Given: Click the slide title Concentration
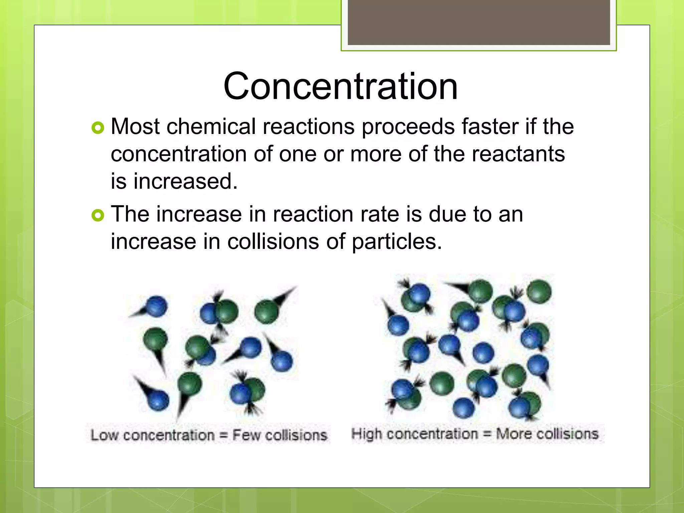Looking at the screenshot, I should (x=340, y=86).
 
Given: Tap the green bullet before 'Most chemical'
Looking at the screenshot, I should (x=98, y=128).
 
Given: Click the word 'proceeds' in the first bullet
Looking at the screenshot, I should (x=408, y=127).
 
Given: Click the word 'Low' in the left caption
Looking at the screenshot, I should (x=104, y=435).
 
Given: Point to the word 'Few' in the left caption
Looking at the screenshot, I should (x=246, y=435).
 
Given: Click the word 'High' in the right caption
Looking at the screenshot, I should (x=366, y=434).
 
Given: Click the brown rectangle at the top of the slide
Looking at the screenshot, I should (x=479, y=22).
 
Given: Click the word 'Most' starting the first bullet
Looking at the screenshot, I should (x=135, y=127).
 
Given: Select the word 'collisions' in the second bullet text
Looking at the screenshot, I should (x=273, y=242).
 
